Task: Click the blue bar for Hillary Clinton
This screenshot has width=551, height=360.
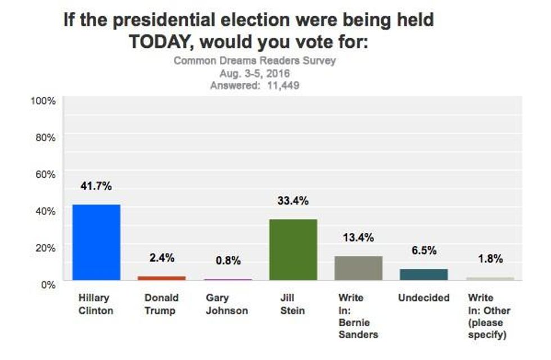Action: click(96, 242)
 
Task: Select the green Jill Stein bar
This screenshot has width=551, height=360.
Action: click(293, 249)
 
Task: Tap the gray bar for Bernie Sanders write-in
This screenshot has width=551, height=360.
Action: click(358, 268)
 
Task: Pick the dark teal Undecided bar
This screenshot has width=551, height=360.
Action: click(424, 274)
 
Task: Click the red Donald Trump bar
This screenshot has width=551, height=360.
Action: click(161, 278)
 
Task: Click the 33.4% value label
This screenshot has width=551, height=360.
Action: click(293, 201)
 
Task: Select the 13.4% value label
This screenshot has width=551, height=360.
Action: click(358, 237)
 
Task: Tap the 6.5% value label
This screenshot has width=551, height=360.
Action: click(424, 251)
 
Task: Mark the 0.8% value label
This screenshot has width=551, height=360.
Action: click(227, 260)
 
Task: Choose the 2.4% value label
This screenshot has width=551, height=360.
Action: click(161, 258)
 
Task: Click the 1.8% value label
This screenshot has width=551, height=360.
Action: click(489, 259)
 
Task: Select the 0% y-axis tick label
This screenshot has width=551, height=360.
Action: click(49, 285)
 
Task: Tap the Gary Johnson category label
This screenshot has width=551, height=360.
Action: click(227, 304)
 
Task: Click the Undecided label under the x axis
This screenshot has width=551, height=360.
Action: click(424, 298)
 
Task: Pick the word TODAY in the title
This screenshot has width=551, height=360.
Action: click(162, 42)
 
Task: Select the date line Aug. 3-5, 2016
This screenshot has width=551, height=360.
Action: click(254, 74)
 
